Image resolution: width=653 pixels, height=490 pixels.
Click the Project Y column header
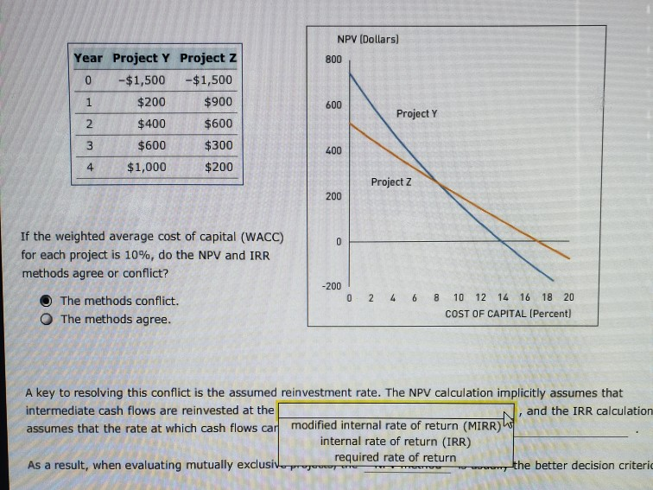point(142,59)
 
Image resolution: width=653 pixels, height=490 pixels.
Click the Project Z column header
point(208,59)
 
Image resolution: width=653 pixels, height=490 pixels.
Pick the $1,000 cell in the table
point(147,167)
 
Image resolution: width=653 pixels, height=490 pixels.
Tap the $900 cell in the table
point(218,102)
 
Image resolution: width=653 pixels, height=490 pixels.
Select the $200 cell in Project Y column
point(152,102)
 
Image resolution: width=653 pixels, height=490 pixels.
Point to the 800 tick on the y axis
point(333,59)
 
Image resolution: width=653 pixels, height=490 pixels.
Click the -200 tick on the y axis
point(332,285)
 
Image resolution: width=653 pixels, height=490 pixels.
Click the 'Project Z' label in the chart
point(391,181)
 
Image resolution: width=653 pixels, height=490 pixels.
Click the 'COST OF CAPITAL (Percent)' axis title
point(508,313)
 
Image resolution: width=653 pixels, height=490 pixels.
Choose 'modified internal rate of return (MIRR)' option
point(394,425)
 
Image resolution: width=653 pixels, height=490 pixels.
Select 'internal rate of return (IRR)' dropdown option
point(395,441)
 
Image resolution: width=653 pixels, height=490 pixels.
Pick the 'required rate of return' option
point(395,457)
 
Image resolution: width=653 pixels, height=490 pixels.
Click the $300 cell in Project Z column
point(218,145)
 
